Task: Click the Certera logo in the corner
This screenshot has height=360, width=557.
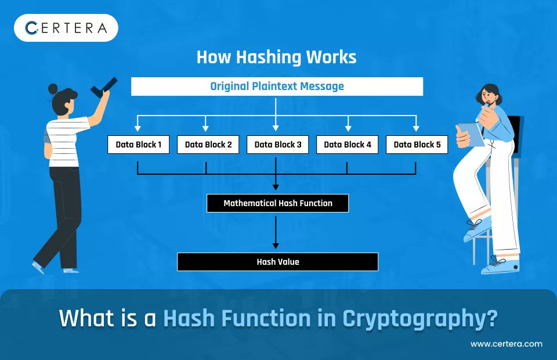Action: tap(66, 28)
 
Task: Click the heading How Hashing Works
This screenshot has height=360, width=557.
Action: tap(276, 57)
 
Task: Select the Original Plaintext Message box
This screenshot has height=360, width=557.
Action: tap(277, 87)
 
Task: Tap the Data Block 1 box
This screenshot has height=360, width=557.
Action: tap(138, 145)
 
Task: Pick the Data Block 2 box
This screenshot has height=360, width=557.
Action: tap(208, 145)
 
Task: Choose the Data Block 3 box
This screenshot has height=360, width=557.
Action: tap(277, 145)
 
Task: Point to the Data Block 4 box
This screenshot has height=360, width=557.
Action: tap(347, 145)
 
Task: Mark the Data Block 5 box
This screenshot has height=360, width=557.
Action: tap(417, 145)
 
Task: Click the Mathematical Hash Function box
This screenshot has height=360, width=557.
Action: tap(277, 203)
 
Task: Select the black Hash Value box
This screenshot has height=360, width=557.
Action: tap(277, 262)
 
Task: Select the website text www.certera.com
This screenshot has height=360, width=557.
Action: tap(506, 344)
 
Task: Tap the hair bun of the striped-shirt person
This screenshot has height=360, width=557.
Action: tap(53, 89)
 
